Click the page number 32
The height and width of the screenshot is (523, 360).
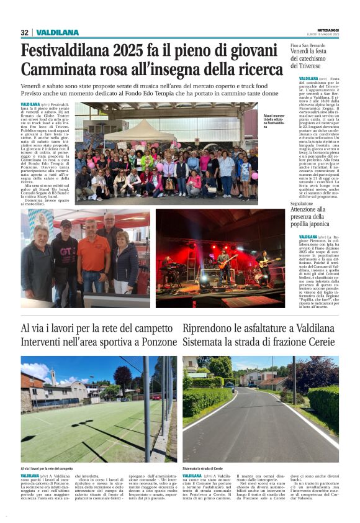click(x=25, y=32)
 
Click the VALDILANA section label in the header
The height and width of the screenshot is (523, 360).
click(x=57, y=32)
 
